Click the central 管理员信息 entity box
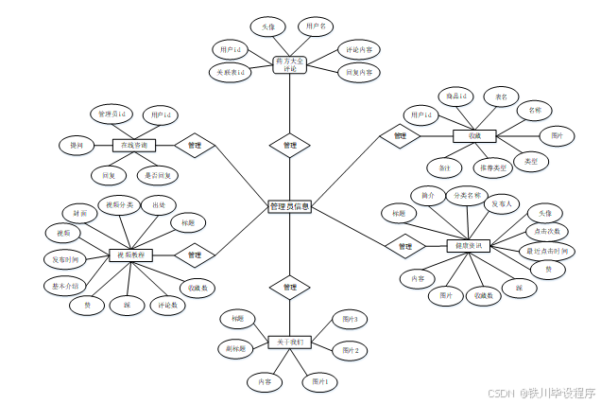click(x=290, y=206)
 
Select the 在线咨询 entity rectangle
click(x=132, y=146)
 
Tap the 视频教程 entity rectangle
click(x=130, y=255)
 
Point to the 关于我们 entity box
click(x=288, y=341)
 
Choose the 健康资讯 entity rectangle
click(x=470, y=246)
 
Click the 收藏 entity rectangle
click(x=474, y=136)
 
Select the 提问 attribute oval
click(x=77, y=146)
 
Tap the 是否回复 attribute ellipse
click(x=158, y=175)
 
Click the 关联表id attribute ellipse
click(x=228, y=72)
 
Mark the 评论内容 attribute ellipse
click(x=359, y=49)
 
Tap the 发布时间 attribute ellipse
click(x=66, y=258)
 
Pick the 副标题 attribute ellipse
click(x=236, y=349)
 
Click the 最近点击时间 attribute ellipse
click(x=547, y=251)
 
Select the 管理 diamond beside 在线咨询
click(x=195, y=146)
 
